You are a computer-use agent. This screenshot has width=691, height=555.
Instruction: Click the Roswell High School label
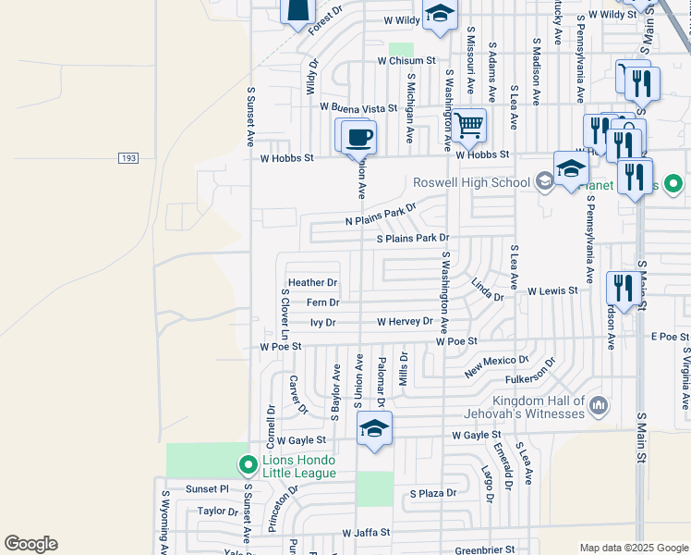[x=471, y=182]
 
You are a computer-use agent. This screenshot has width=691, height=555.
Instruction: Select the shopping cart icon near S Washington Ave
[x=468, y=125]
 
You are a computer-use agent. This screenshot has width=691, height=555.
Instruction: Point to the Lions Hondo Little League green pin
[x=247, y=464]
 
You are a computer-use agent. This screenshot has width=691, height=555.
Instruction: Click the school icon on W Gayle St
[x=374, y=428]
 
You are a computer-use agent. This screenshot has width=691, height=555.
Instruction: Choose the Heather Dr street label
[x=312, y=282]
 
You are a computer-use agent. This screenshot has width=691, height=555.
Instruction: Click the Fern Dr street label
[x=322, y=302]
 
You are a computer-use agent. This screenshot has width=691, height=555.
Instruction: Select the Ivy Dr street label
[x=322, y=323]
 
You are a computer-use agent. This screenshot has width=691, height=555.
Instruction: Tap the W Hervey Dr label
[x=405, y=322]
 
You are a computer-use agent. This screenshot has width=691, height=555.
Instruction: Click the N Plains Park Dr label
[x=381, y=215]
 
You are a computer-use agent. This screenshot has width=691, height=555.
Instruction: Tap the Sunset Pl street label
[x=206, y=488]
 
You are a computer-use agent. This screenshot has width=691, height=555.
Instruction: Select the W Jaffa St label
[x=367, y=533]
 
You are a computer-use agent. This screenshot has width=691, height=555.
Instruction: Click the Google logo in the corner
[x=30, y=544]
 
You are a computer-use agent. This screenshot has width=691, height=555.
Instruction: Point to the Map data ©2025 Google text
[x=634, y=548]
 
